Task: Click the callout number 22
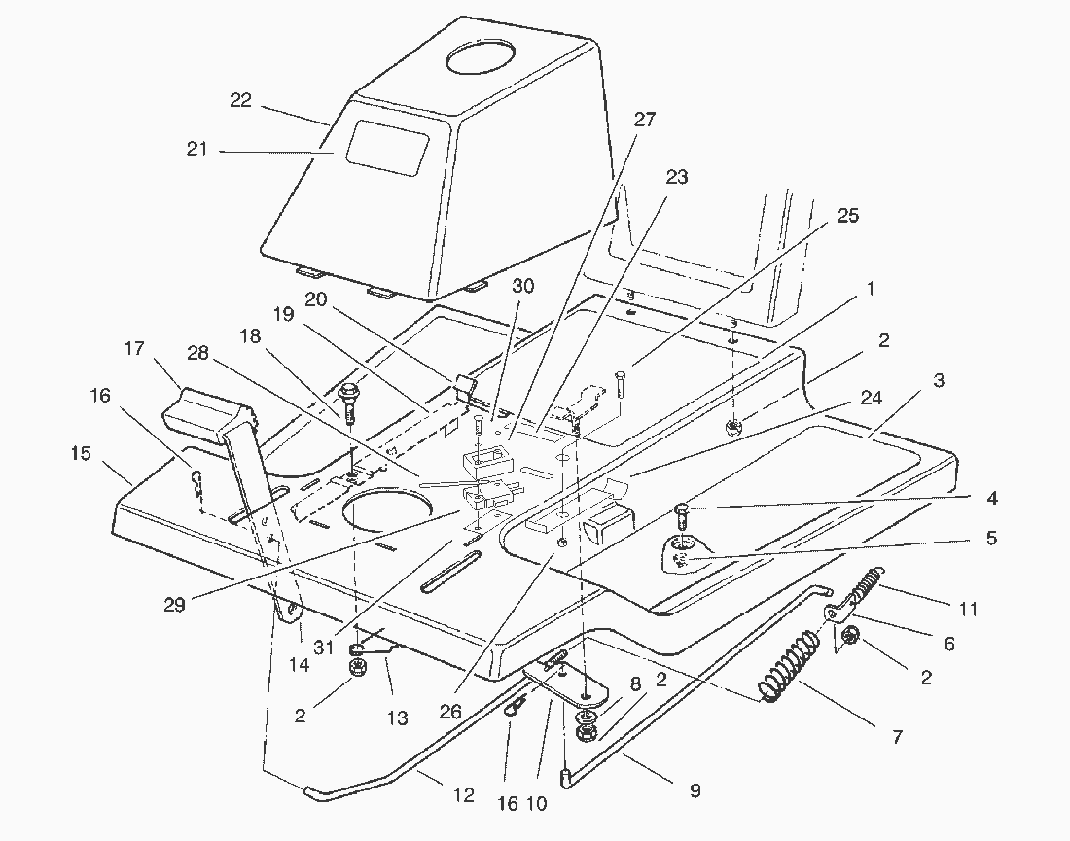241,101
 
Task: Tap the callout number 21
196,150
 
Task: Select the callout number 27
644,120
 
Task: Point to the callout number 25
847,216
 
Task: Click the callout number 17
134,348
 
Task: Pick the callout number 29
175,605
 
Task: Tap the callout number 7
897,737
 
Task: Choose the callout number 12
463,795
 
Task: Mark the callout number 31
324,646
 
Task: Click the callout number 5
991,539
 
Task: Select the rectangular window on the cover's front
387,148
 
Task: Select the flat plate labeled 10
565,684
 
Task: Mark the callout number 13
397,718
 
